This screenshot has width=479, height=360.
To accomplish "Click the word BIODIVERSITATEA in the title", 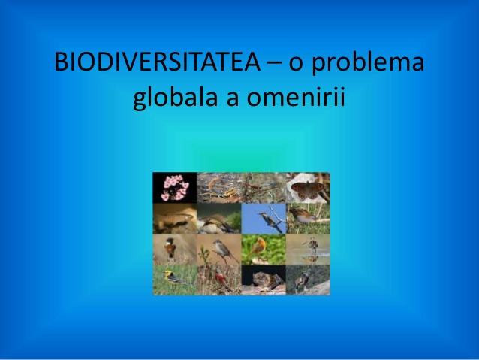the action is (158, 62).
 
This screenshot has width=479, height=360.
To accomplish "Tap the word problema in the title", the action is (368, 64).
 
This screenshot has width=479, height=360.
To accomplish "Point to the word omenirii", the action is (296, 97).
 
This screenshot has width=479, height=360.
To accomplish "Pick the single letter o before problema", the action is (295, 65).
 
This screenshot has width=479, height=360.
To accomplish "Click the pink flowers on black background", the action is (175, 187).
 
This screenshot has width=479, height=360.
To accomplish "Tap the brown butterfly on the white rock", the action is (308, 189).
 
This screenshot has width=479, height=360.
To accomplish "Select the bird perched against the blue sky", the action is (270, 220).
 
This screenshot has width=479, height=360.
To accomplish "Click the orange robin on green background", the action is (258, 247).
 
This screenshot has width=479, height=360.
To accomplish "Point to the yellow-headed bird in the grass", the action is (175, 278).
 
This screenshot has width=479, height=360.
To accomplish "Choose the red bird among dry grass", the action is (221, 277).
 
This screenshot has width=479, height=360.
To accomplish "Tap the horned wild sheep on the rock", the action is (303, 280).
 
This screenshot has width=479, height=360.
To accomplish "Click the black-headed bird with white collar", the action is (170, 247).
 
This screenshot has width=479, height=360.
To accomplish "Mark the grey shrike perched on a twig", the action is (222, 250).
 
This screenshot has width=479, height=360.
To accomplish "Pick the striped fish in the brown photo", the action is (175, 219).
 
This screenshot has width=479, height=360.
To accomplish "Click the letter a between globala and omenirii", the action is (232, 99).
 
